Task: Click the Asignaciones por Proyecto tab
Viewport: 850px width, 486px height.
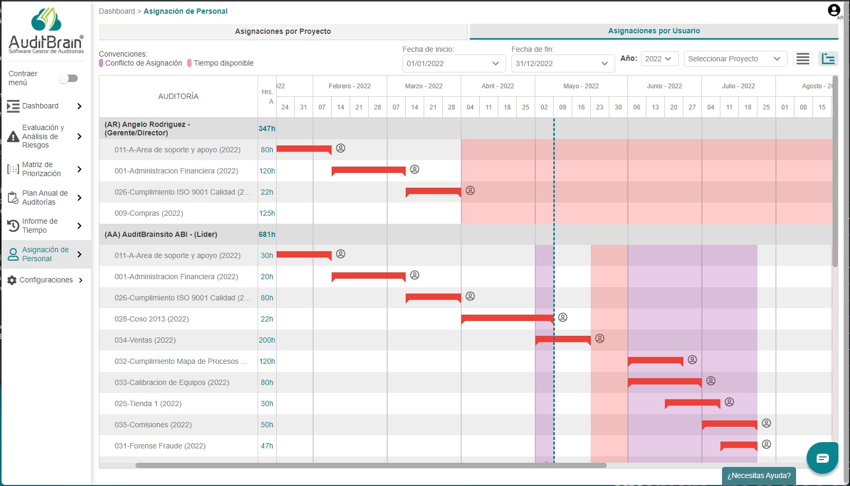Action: point(282,32)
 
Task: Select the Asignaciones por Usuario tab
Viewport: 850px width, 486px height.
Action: point(654,31)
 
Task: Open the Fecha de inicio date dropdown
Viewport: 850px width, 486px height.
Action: point(454,63)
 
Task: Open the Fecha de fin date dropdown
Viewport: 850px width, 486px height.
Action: point(563,63)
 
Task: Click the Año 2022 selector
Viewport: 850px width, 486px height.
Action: point(659,59)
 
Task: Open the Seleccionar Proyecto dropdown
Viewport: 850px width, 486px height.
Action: point(735,59)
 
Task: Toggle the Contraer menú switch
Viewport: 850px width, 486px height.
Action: point(68,78)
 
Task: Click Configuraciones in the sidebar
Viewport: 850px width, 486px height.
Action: point(45,280)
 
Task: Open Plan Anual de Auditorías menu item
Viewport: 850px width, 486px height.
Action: point(45,198)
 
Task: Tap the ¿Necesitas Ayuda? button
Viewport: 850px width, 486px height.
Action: point(758,475)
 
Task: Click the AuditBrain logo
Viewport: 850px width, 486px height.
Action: point(47,30)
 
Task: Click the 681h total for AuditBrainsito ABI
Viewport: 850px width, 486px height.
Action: point(267,234)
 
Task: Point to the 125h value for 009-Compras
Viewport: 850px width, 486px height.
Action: point(267,213)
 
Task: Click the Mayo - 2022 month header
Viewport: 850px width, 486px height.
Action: point(581,86)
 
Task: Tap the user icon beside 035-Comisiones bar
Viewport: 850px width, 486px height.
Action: point(766,423)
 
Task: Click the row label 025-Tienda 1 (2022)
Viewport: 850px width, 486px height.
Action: point(148,404)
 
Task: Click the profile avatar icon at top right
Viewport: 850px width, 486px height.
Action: point(834,10)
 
